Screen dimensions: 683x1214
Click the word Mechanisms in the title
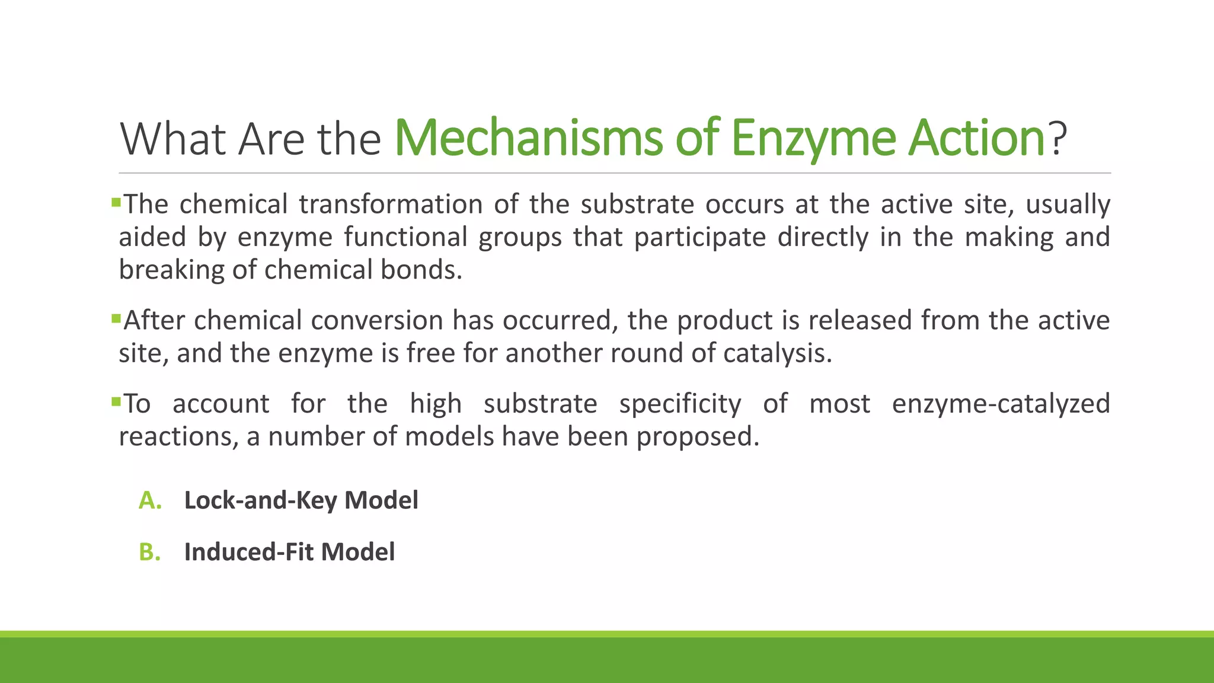[528, 138]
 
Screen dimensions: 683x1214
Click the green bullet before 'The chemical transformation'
[116, 203]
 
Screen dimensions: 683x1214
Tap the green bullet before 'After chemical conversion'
[116, 320]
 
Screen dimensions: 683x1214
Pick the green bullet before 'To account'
[116, 403]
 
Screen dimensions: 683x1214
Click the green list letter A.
[150, 500]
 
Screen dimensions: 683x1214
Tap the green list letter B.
[149, 552]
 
